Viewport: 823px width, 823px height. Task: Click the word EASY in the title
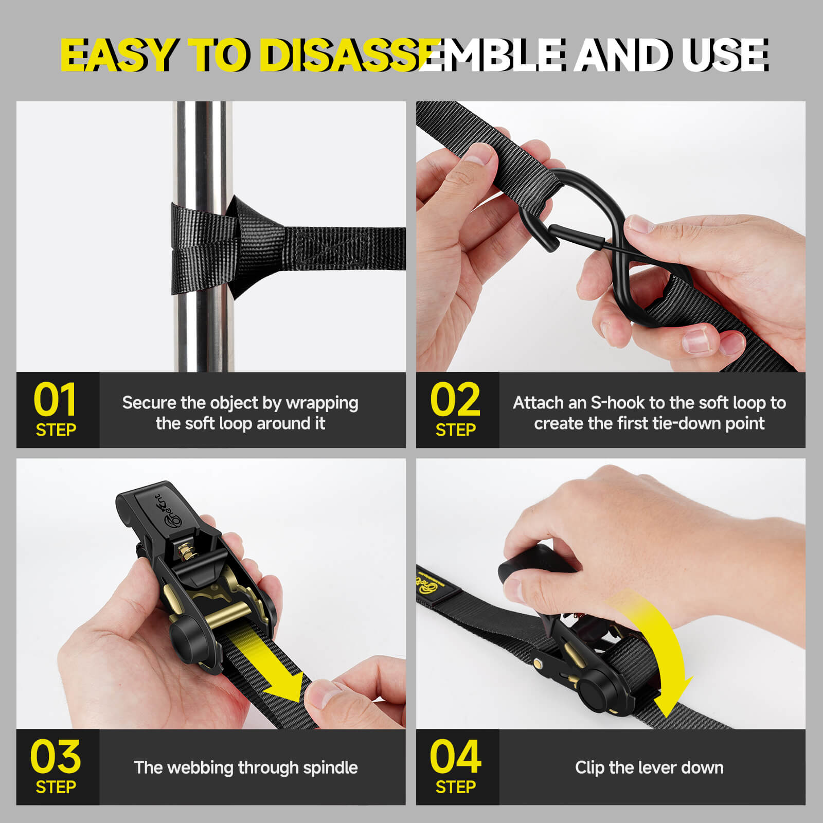[118, 55]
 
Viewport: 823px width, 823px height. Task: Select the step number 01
[55, 400]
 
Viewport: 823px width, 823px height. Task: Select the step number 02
[455, 400]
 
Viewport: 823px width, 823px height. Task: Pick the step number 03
[56, 757]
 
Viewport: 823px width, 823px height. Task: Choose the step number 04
[456, 757]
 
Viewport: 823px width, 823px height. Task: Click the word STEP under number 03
[56, 787]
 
